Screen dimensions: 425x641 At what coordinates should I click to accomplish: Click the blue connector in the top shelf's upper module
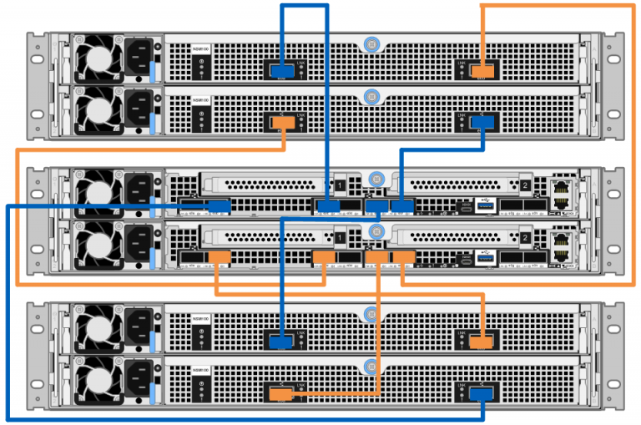(280, 70)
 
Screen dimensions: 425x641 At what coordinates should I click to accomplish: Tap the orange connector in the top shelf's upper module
(482, 70)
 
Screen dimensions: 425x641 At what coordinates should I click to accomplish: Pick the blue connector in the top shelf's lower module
(482, 123)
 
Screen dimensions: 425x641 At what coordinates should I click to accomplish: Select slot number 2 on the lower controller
(525, 238)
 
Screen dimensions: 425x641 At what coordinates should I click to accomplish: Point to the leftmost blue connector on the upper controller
(220, 205)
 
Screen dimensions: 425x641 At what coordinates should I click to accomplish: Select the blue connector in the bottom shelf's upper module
(280, 341)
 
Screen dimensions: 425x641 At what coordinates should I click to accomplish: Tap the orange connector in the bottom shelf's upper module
(481, 341)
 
